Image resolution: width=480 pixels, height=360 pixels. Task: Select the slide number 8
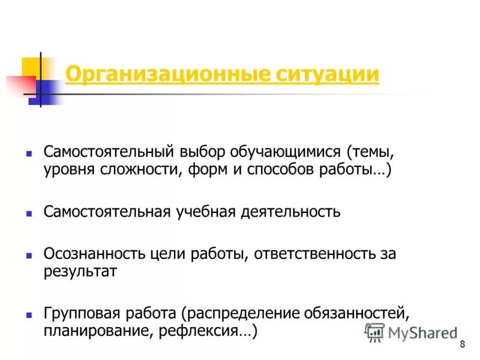[462, 344]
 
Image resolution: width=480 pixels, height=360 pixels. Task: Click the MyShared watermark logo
[412, 332]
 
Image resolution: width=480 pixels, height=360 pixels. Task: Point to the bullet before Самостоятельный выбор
[28, 153]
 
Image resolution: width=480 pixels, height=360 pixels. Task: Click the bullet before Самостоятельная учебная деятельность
[28, 212]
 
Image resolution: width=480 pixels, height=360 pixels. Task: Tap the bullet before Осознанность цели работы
[28, 254]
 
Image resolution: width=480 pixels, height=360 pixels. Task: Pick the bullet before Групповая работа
[28, 314]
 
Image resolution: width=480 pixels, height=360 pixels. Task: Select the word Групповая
[83, 313]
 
